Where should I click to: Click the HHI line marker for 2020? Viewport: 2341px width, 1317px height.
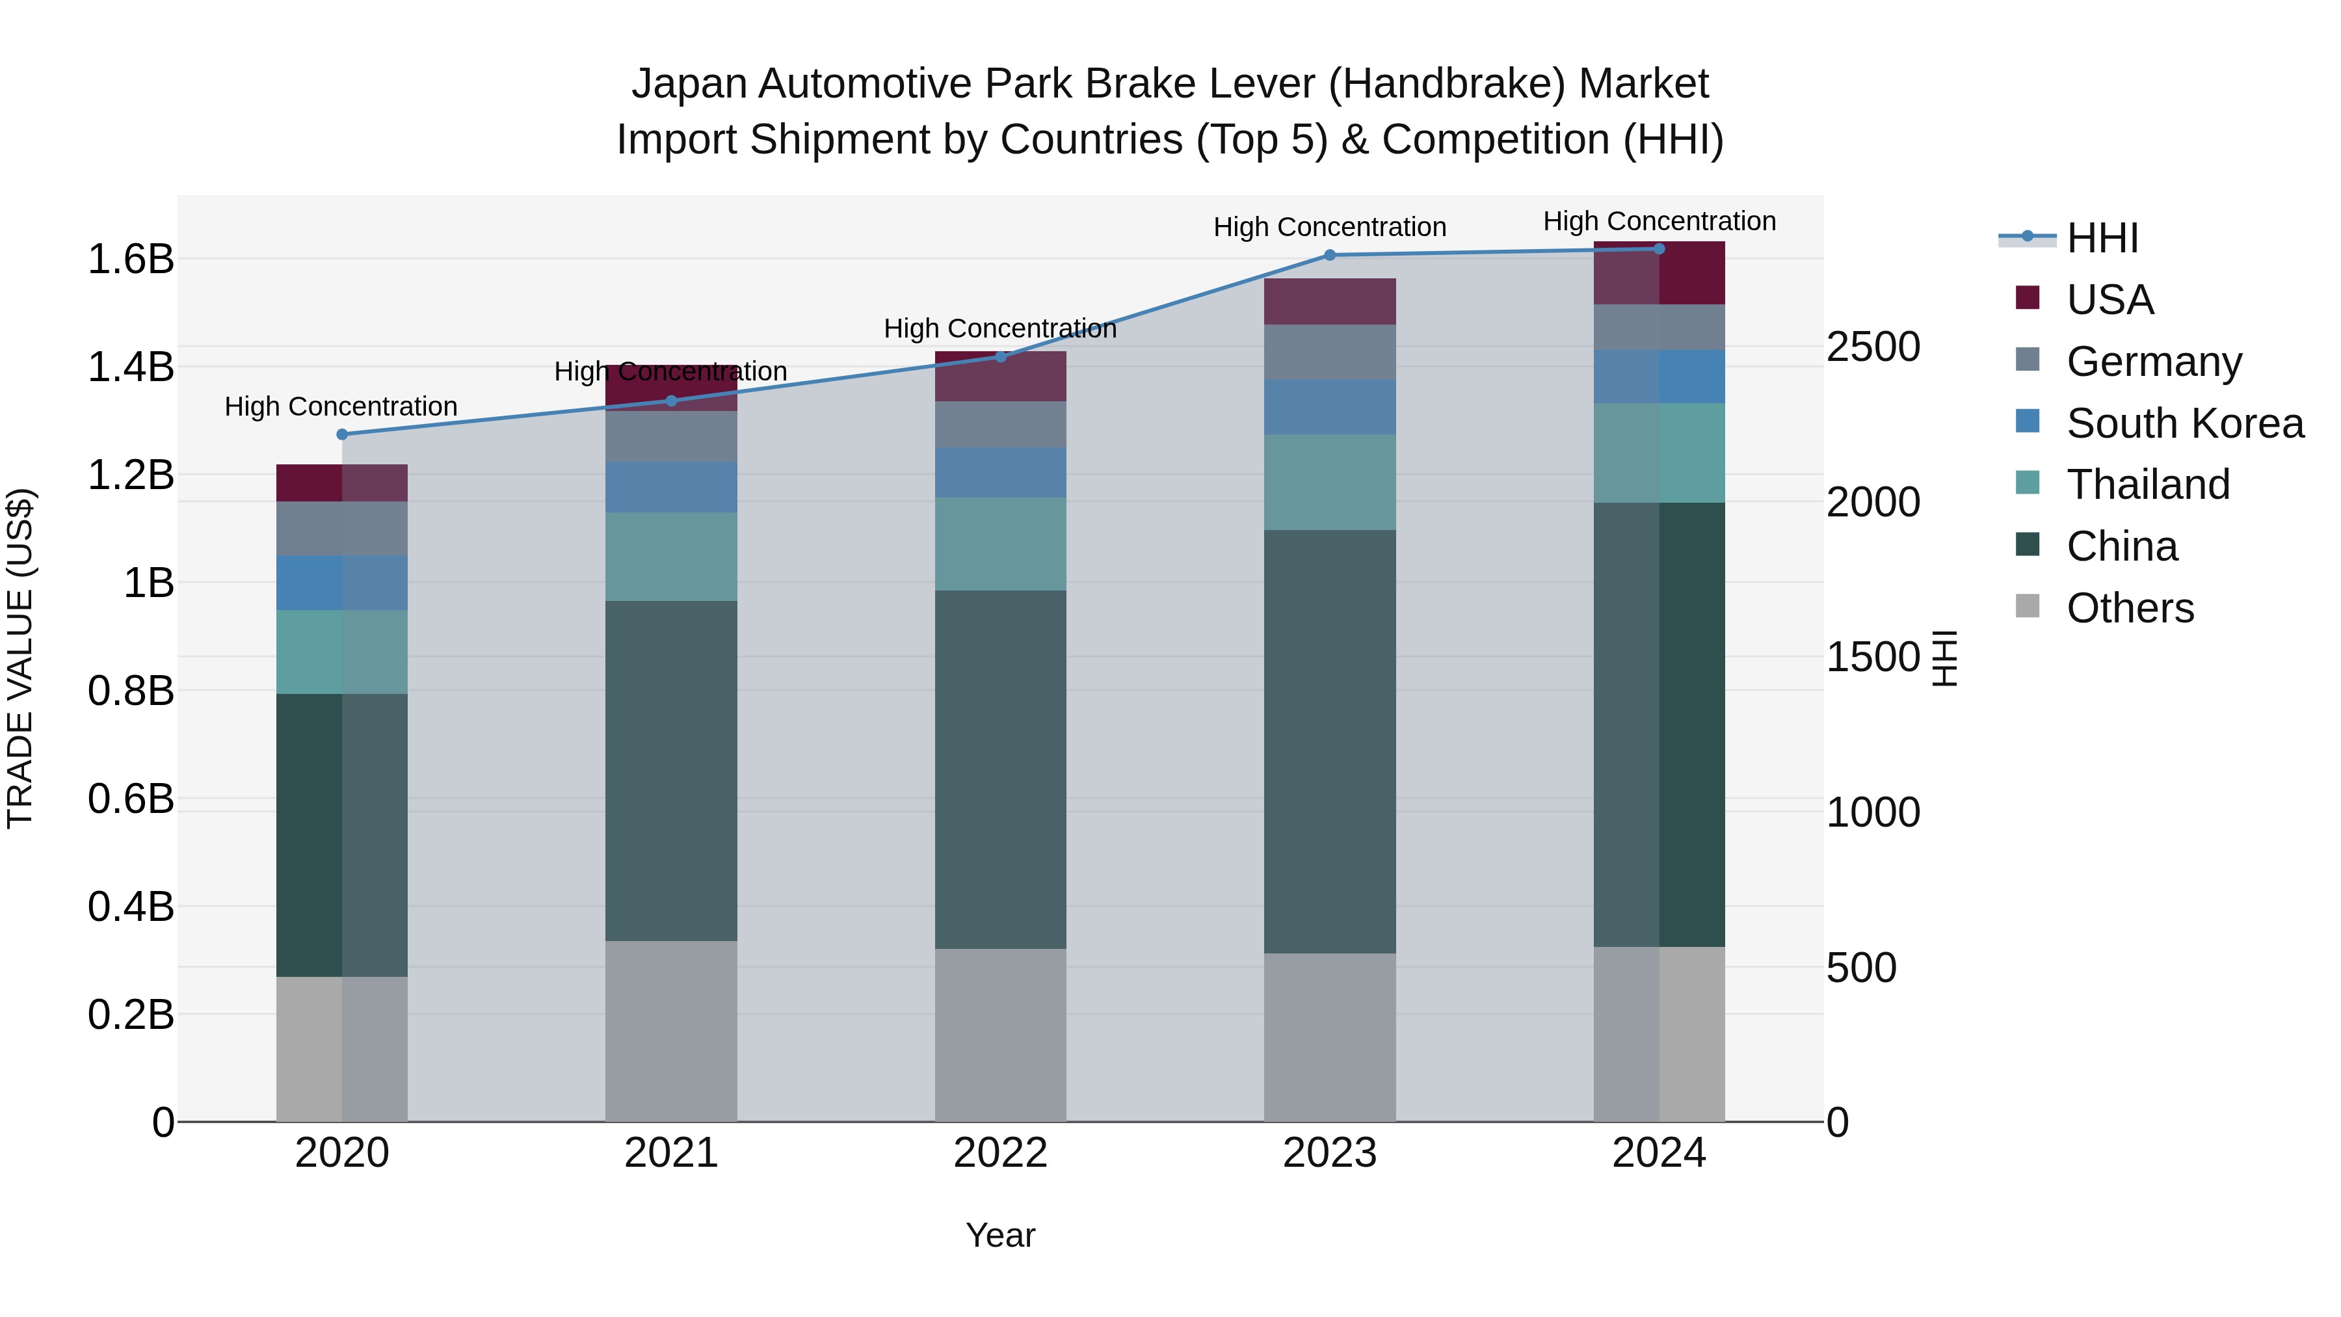[341, 434]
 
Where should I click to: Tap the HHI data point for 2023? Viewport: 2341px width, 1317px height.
[1330, 256]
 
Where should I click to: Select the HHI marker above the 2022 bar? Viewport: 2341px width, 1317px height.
[1001, 356]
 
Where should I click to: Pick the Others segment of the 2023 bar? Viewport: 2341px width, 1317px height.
[1330, 1037]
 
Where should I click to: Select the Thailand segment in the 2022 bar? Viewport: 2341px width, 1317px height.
[1001, 544]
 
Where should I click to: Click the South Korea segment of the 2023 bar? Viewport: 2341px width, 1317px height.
[1330, 406]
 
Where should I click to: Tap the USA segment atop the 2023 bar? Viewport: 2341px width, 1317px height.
[1330, 301]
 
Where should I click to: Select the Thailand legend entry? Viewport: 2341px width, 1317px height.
[2147, 485]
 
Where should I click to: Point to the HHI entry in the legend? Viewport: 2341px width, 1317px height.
[2102, 238]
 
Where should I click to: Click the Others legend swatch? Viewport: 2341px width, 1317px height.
[2028, 606]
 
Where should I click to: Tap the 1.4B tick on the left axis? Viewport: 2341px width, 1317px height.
[131, 367]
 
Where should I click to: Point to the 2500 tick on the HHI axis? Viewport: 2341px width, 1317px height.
[1873, 347]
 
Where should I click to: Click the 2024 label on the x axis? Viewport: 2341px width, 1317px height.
[1658, 1153]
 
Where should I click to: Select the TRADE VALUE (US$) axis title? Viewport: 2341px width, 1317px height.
[20, 658]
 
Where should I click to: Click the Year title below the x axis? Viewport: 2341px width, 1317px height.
[1001, 1235]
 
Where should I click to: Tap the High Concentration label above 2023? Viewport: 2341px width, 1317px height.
[1330, 227]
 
